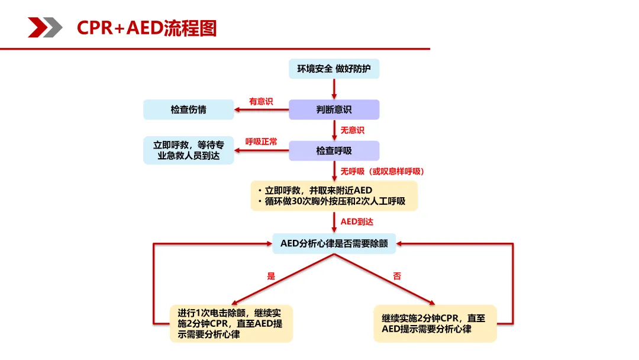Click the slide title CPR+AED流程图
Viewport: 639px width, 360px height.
pyautogui.click(x=147, y=28)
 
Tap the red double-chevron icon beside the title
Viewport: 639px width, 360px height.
pyautogui.click(x=45, y=27)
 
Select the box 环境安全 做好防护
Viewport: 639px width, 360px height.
pyautogui.click(x=334, y=69)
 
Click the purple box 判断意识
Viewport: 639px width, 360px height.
pyautogui.click(x=334, y=110)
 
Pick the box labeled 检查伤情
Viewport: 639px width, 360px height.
pyautogui.click(x=189, y=110)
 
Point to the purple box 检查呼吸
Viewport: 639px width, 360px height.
pyautogui.click(x=334, y=150)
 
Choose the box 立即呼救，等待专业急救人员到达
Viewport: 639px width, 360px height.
pyautogui.click(x=189, y=150)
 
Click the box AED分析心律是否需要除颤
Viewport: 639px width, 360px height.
pyautogui.click(x=334, y=243)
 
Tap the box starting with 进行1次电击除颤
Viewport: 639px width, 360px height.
pyautogui.click(x=231, y=323)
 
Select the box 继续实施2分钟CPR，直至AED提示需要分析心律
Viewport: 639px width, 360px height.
pyautogui.click(x=434, y=323)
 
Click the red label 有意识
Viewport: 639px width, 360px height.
pyautogui.click(x=261, y=101)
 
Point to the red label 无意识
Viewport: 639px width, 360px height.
pyautogui.click(x=352, y=130)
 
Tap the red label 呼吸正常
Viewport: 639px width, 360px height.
pyautogui.click(x=261, y=142)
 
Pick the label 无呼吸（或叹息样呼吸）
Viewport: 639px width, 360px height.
pyautogui.click(x=382, y=171)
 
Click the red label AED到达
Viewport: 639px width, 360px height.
pyautogui.click(x=357, y=221)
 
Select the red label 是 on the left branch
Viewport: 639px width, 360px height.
pyautogui.click(x=272, y=276)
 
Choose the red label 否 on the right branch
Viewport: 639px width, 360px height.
pyautogui.click(x=397, y=276)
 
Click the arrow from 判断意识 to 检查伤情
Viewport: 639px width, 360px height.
pyautogui.click(x=261, y=110)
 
